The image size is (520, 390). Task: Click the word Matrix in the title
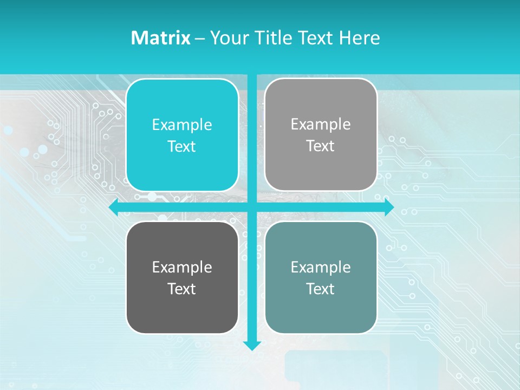pos(161,38)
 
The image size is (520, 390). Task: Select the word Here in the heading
pos(359,38)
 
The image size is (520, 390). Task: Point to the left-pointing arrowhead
pos(114,207)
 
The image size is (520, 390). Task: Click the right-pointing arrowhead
pos(389,207)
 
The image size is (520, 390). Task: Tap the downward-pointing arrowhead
pos(252,345)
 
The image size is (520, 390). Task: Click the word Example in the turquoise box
pos(182,125)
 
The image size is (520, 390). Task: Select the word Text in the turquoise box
pos(182,147)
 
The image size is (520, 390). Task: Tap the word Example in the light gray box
pos(321,125)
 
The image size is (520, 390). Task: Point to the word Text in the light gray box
pos(321,146)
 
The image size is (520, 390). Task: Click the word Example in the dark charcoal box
pos(182,268)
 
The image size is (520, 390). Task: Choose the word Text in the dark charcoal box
pos(182,289)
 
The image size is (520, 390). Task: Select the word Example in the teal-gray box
pos(321,267)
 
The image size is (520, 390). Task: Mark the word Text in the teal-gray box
pos(321,289)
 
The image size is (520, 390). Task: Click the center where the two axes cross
pos(252,207)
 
